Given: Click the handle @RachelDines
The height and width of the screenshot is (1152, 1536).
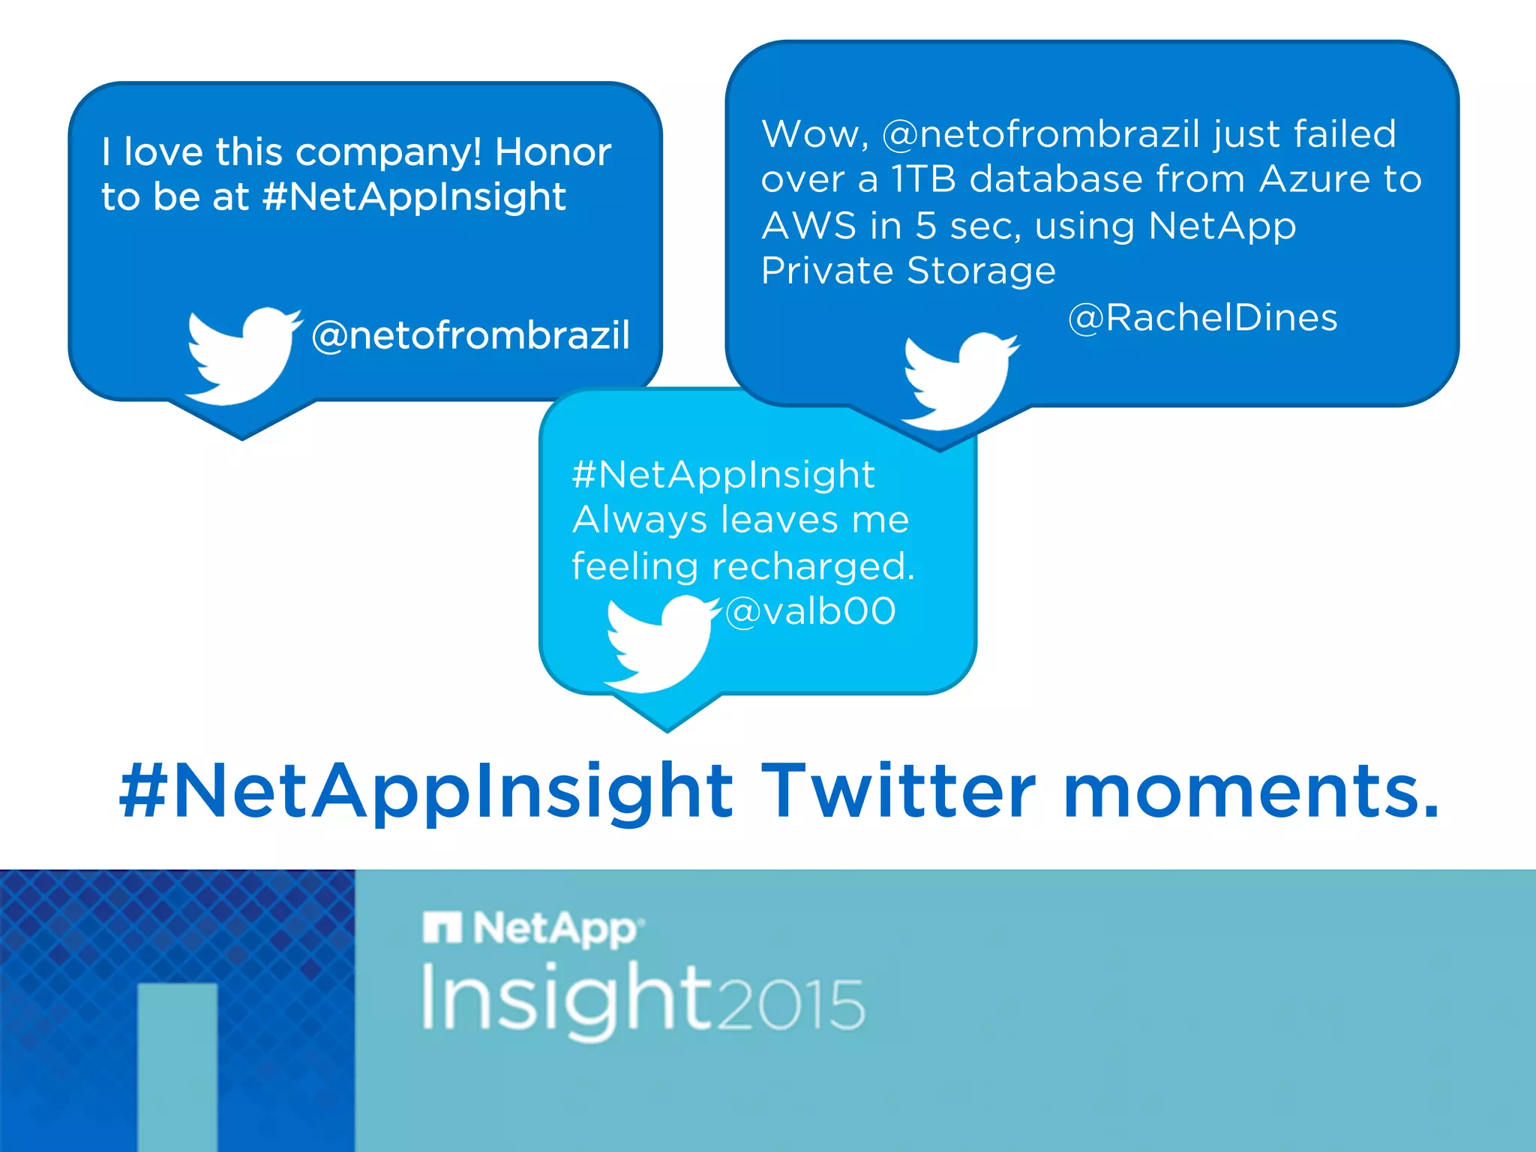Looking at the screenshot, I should point(1202,317).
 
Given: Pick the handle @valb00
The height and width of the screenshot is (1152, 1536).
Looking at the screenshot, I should point(810,610).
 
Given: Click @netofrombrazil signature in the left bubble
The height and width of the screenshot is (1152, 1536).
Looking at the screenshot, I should point(470,335).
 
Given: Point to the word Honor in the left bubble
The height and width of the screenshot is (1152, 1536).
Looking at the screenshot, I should point(553,152).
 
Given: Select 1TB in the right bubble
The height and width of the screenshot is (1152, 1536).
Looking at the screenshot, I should point(923,179).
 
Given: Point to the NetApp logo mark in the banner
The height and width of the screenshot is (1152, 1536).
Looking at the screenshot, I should point(442,928).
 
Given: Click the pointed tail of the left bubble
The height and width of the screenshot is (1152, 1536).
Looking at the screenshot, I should point(241,427).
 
